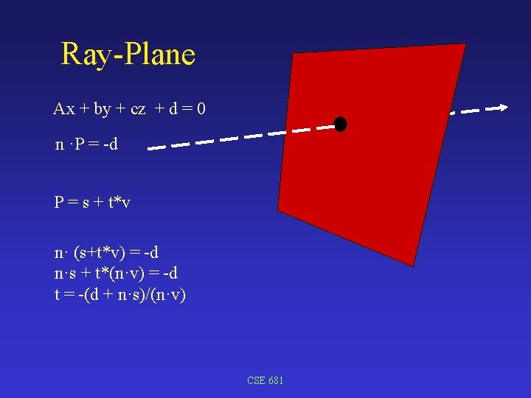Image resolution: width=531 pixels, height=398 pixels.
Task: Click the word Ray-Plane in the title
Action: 128,55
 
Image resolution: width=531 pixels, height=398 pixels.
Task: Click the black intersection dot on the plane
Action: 340,124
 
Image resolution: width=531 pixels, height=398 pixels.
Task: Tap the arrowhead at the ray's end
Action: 503,108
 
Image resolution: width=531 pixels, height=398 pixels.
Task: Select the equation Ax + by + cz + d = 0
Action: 129,109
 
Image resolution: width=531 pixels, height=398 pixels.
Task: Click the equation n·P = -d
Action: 86,144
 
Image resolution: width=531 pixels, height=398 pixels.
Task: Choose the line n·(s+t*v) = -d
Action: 106,253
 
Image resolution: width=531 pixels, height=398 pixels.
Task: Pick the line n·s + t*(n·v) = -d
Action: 116,273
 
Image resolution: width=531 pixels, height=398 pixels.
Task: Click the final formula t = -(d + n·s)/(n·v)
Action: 119,295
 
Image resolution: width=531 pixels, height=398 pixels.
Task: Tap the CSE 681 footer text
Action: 265,380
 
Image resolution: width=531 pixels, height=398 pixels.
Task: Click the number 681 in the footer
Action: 274,380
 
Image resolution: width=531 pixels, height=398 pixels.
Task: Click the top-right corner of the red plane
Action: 465,44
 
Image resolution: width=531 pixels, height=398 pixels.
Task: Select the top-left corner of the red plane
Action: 294,54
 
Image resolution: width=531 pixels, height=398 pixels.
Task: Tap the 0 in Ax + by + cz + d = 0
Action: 201,109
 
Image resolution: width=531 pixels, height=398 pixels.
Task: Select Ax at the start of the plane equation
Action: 64,109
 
